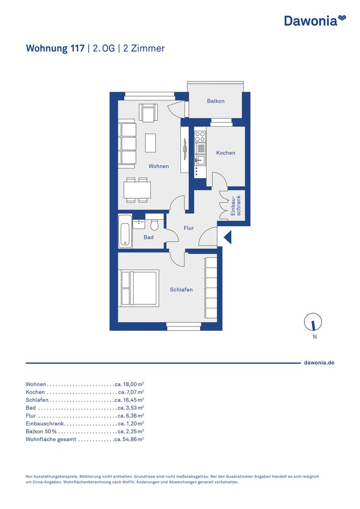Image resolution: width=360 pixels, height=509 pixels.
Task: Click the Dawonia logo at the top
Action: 315,20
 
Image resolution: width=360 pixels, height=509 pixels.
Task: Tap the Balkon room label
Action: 216,101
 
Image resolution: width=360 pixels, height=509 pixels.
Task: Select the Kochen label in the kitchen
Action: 225,152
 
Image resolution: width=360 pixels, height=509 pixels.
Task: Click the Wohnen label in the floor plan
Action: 159,166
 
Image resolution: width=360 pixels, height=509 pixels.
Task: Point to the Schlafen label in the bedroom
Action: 181,290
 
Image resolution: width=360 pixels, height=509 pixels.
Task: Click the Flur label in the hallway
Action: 188,228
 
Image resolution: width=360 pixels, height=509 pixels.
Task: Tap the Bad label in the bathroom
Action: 148,237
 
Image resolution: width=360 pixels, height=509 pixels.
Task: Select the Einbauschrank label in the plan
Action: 236,206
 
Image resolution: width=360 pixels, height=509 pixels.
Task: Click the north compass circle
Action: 313,322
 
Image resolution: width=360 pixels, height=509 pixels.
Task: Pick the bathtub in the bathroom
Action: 125,231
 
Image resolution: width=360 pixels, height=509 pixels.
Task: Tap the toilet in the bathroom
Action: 154,223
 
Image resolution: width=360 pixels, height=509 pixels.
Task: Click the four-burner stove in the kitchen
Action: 200,136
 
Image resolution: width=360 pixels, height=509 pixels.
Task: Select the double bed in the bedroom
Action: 139,288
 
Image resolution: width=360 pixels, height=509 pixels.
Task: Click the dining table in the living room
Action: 137,190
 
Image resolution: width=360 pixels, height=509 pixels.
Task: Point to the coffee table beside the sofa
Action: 150,143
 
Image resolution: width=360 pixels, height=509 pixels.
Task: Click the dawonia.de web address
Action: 319,363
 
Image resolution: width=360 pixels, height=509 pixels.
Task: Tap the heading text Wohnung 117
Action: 55,48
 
